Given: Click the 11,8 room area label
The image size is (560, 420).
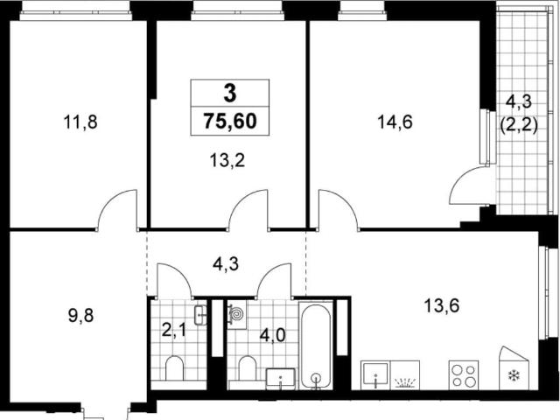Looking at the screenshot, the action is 80,122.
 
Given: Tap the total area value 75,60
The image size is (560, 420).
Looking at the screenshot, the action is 230,121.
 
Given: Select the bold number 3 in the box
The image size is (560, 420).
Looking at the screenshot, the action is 230,94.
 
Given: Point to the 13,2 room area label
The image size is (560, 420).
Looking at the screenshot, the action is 227,161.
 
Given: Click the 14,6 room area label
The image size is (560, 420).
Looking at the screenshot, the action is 395,122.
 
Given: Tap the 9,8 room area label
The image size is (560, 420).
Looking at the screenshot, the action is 81,316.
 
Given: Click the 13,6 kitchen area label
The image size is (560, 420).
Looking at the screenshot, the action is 442,306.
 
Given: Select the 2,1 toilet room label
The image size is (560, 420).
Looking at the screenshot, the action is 174,331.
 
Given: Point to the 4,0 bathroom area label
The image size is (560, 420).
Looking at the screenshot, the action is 272,336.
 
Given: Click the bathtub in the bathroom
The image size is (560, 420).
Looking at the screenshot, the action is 315,345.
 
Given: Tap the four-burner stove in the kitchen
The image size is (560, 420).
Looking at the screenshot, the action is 464,374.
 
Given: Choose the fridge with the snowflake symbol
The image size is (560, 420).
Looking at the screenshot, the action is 514,368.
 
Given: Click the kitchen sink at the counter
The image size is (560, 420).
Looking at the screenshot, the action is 375,375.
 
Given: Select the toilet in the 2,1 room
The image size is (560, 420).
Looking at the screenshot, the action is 174,367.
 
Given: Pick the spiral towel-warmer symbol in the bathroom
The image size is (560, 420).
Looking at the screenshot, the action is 237,314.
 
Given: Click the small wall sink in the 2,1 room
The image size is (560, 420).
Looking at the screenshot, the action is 200,315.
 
